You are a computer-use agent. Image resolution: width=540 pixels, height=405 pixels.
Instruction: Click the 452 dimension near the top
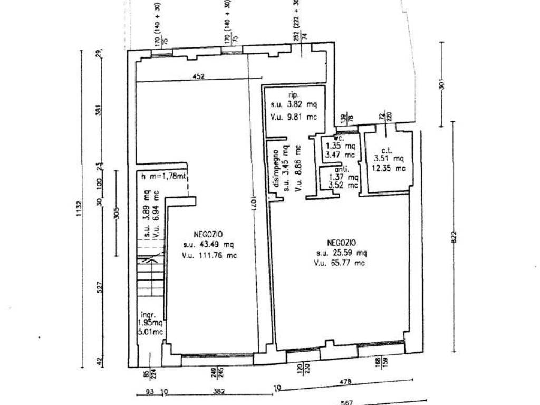(x=198, y=76)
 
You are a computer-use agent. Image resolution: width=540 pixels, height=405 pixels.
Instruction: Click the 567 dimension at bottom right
(x=346, y=402)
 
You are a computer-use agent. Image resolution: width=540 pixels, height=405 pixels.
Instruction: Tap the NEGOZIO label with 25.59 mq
(x=341, y=242)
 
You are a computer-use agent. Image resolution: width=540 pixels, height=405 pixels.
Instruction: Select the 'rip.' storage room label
(x=294, y=95)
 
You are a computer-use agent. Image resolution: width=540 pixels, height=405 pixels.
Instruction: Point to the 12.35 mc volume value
(x=389, y=168)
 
